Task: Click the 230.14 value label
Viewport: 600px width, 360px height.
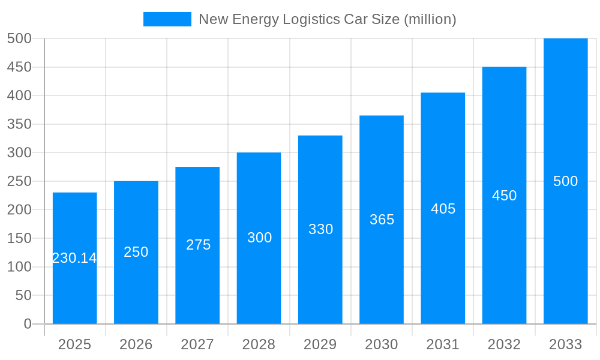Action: pos(74,258)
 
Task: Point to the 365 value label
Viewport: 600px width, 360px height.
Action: pos(382,220)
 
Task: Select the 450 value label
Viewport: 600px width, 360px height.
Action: pos(504,196)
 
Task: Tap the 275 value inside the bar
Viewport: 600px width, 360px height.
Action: pos(198,245)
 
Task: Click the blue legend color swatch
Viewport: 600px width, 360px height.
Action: pos(167,19)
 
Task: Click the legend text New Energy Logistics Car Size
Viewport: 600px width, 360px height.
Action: pos(327,19)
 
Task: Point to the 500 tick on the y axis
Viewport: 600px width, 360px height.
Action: pos(19,38)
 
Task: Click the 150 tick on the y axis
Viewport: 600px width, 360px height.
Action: pos(19,238)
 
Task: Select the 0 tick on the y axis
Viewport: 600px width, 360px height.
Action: pos(27,324)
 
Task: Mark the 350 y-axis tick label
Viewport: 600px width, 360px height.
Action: pos(19,124)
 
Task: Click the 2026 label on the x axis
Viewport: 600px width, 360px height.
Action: pos(136,344)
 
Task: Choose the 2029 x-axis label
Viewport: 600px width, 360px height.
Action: pos(320,344)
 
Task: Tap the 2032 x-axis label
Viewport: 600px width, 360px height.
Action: pos(504,344)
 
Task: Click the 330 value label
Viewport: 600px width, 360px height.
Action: pos(320,229)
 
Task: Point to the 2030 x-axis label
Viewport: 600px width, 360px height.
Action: pos(382,344)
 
